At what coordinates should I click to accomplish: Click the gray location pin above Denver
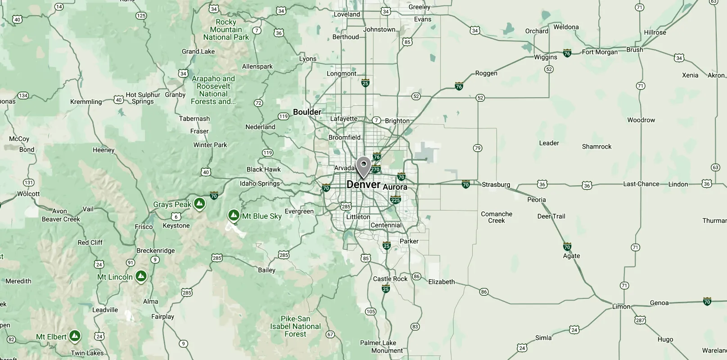[x=363, y=166]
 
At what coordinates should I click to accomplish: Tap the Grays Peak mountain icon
[x=199, y=204]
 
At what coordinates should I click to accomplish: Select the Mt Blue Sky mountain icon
[x=233, y=216]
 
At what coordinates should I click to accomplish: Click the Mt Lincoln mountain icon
[x=141, y=276]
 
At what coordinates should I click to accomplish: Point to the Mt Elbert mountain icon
[x=75, y=336]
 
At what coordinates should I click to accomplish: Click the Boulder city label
[x=307, y=112]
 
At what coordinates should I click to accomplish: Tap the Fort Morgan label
[x=600, y=52]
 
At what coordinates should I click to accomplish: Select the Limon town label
[x=621, y=306]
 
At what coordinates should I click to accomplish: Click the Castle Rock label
[x=390, y=279]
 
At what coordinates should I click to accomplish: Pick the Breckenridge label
[x=155, y=251]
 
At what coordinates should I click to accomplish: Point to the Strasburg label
[x=496, y=184]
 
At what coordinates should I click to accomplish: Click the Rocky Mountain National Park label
[x=226, y=30]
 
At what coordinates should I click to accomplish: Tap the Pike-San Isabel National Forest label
[x=295, y=326]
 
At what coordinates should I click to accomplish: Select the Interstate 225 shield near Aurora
[x=395, y=200]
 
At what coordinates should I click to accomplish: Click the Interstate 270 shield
[x=375, y=170]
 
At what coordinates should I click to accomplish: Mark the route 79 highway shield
[x=478, y=148]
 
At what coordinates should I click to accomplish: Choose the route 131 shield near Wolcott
[x=28, y=182]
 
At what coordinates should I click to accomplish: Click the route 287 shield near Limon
[x=640, y=320]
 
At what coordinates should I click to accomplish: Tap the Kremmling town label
[x=86, y=102]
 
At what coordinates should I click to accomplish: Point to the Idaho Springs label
[x=260, y=183]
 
